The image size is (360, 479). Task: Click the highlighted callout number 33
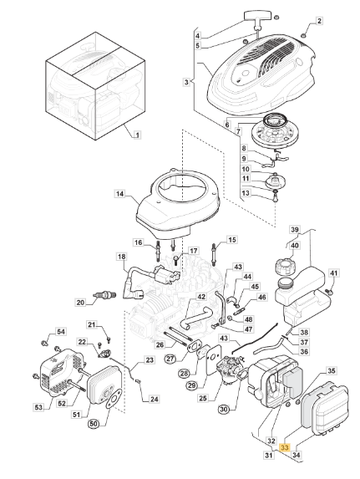pos(284,448)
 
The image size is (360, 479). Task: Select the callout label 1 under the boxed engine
pos(137,135)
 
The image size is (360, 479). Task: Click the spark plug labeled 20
pos(104,296)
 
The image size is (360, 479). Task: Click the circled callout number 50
pos(94,424)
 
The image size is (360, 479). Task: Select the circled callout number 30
pos(224,410)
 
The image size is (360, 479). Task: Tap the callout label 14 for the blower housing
pos(120,194)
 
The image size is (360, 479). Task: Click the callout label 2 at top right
pos(319,21)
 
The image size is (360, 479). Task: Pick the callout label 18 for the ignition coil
pos(121,257)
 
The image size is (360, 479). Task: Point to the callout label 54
pos(61,332)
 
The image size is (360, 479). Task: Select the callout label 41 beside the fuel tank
pos(334,273)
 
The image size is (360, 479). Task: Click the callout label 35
pos(332,371)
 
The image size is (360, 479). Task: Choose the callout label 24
pos(155,400)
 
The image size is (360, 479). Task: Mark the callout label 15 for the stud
pos(232,240)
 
